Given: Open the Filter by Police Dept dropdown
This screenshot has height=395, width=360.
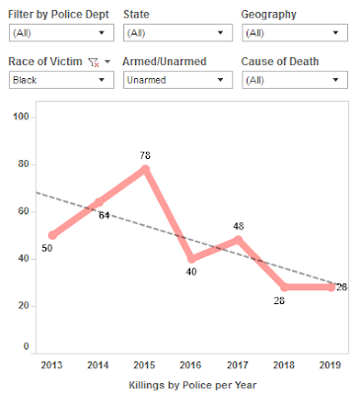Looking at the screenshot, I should point(60,33).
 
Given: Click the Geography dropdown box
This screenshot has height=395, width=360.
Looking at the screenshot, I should point(295,33).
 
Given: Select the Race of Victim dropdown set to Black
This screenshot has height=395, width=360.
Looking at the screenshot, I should point(60,78).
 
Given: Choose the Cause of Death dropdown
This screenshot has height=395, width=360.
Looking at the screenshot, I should point(295,78).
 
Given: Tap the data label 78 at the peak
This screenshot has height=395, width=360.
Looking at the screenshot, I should point(146,155).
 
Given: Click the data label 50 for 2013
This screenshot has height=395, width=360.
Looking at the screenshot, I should point(45,249).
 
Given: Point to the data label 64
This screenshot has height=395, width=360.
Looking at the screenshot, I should point(103,214).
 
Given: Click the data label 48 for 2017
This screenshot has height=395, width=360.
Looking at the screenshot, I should point(238,226).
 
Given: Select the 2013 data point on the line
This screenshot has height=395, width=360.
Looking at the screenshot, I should point(52,235).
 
